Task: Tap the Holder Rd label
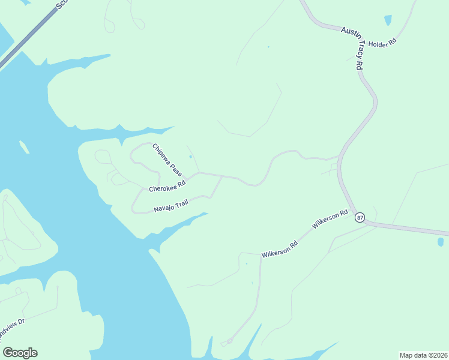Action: (x=382, y=44)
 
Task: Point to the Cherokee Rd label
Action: (x=167, y=186)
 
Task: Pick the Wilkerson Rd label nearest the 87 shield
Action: (x=330, y=220)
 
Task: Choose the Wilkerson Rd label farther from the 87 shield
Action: (x=280, y=250)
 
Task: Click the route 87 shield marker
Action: (x=360, y=217)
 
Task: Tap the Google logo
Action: (x=20, y=353)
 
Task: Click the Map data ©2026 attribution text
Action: (x=423, y=355)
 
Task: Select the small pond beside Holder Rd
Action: (x=388, y=20)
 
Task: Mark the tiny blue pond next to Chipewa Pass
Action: (x=191, y=157)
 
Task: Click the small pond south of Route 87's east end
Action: (x=441, y=242)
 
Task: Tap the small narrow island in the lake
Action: (x=25, y=146)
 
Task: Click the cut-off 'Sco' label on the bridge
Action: (x=62, y=4)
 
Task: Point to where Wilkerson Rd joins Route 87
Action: (x=364, y=223)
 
